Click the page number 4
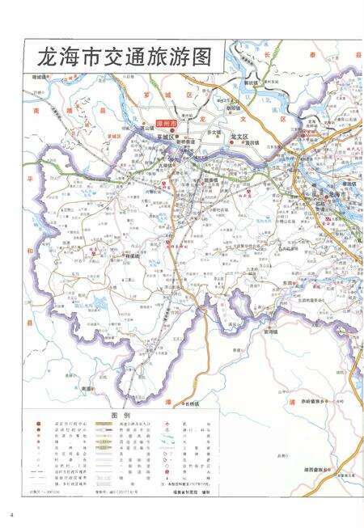(13, 515)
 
